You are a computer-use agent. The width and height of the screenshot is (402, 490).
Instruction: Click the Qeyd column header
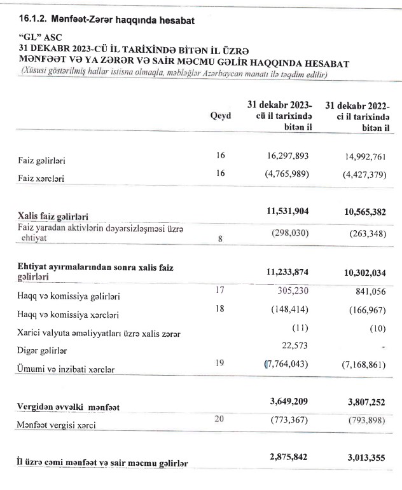click(x=220, y=116)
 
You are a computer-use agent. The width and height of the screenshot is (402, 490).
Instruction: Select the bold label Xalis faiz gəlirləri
click(x=53, y=217)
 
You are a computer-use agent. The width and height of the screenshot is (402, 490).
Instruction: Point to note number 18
click(x=221, y=309)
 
